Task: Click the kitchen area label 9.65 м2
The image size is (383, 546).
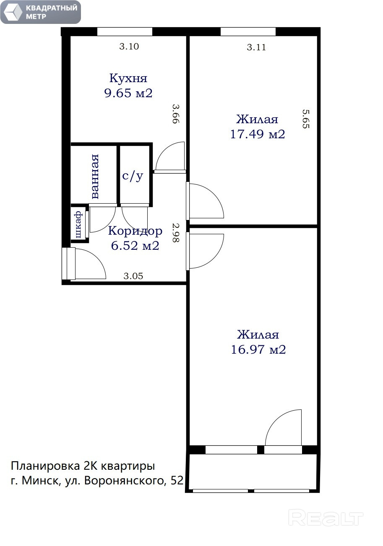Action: (x=128, y=93)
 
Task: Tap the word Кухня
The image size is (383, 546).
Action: (x=128, y=78)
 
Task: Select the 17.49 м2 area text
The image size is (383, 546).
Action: (x=258, y=134)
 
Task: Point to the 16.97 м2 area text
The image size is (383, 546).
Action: (x=258, y=349)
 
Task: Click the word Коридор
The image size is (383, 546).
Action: (x=135, y=230)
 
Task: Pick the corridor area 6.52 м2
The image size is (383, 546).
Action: (x=135, y=246)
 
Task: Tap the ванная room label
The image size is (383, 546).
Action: (x=95, y=176)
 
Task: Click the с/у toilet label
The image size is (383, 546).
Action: (x=133, y=176)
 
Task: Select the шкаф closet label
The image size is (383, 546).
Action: (x=78, y=225)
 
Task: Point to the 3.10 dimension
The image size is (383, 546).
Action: (x=129, y=47)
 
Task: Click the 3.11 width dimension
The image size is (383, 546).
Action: (x=256, y=47)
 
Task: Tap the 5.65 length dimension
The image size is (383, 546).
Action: (x=306, y=119)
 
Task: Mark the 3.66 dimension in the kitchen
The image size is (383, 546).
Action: (x=176, y=114)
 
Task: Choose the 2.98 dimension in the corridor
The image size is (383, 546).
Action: (x=176, y=233)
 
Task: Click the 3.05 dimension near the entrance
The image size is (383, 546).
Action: (x=133, y=276)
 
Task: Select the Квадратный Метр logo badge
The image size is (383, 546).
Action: (x=41, y=12)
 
